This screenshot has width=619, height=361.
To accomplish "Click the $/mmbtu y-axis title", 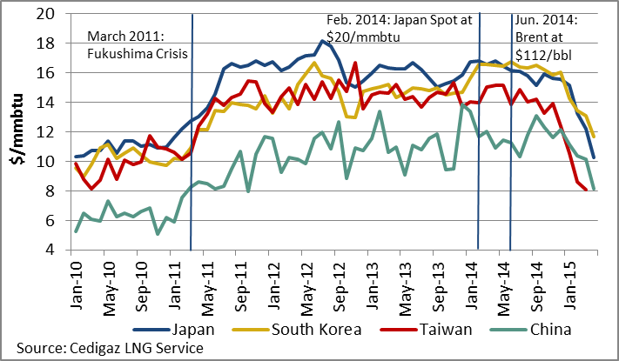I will pyautogui.click(x=19, y=132).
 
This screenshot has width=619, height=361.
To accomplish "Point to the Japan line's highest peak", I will pyautogui.click(x=322, y=40).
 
